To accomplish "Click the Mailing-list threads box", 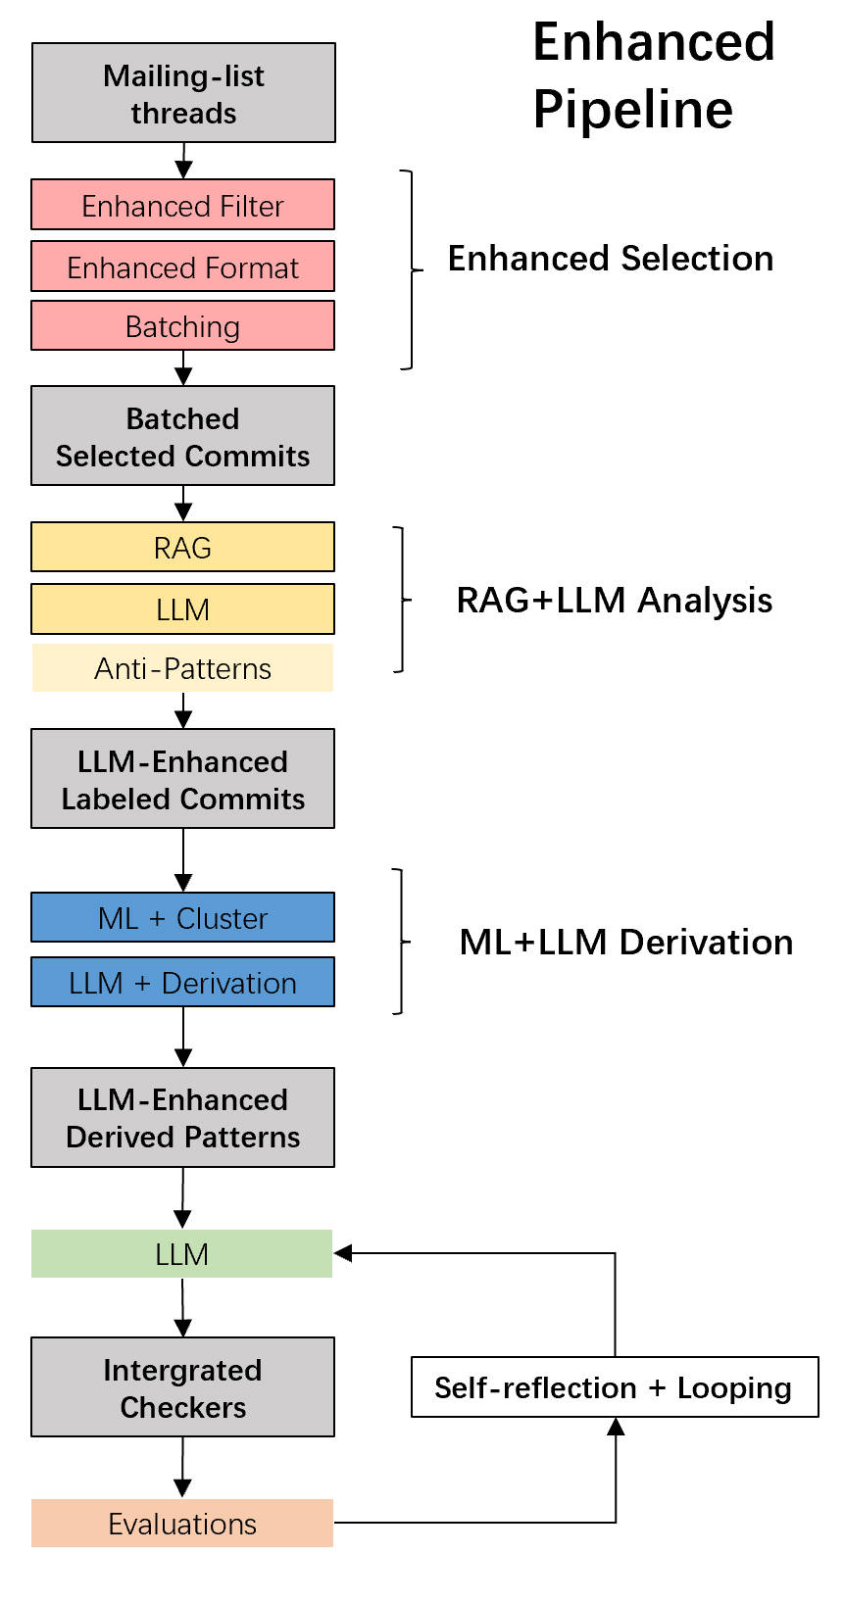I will point(183,93).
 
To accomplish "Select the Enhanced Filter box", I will point(182,205).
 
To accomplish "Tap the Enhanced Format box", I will point(182,267).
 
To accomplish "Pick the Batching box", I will point(182,325).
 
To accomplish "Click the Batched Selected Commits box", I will point(182,436).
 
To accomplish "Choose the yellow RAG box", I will point(182,547).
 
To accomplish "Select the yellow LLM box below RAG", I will point(182,608).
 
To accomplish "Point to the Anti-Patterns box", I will point(182,668).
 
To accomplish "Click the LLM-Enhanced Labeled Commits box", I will point(182,779).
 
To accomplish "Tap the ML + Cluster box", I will point(182,917).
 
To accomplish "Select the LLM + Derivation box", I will point(182,982).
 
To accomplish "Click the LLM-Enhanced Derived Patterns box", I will point(182,1117).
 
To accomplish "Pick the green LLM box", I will point(182,1253).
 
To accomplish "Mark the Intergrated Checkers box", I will point(182,1387).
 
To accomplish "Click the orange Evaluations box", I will point(182,1524).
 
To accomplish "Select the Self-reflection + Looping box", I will point(615,1387).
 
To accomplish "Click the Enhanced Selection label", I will point(611,259).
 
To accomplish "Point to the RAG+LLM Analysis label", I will point(615,600).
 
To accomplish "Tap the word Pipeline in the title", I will point(632,109).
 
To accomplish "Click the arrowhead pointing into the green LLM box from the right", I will point(343,1253).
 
